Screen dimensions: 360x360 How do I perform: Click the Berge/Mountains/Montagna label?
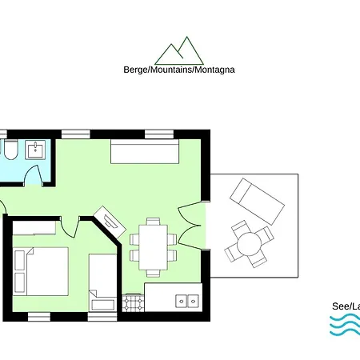[x=179, y=70]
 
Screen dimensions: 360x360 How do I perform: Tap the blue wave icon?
[x=345, y=325]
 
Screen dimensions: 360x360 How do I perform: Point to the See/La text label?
[x=346, y=306]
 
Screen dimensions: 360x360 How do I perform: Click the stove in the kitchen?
[x=133, y=303]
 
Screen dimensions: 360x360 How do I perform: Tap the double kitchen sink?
[x=187, y=301]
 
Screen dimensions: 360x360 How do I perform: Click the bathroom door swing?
[x=34, y=175]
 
